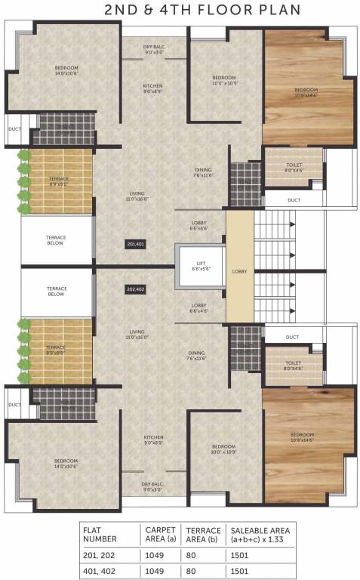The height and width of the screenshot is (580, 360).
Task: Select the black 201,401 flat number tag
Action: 136,244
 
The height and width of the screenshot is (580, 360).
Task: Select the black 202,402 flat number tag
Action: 136,288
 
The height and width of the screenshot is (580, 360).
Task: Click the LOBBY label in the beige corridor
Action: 239,270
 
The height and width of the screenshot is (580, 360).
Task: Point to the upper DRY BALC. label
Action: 153,50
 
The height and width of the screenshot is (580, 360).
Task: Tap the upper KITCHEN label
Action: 153,88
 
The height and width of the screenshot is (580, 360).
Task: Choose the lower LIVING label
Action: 136,334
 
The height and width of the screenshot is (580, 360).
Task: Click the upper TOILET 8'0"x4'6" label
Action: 294,167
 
